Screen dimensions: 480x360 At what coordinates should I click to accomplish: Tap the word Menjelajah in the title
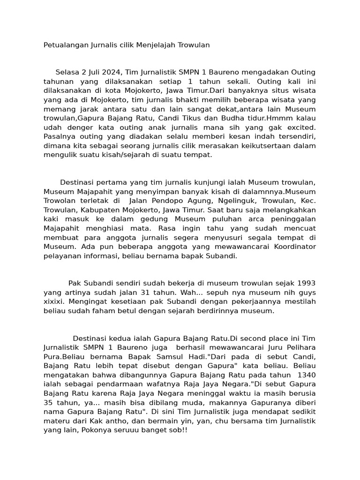tap(155, 45)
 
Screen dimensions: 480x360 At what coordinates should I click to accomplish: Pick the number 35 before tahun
tap(49, 402)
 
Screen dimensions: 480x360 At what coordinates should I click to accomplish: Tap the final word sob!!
tap(176, 430)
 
